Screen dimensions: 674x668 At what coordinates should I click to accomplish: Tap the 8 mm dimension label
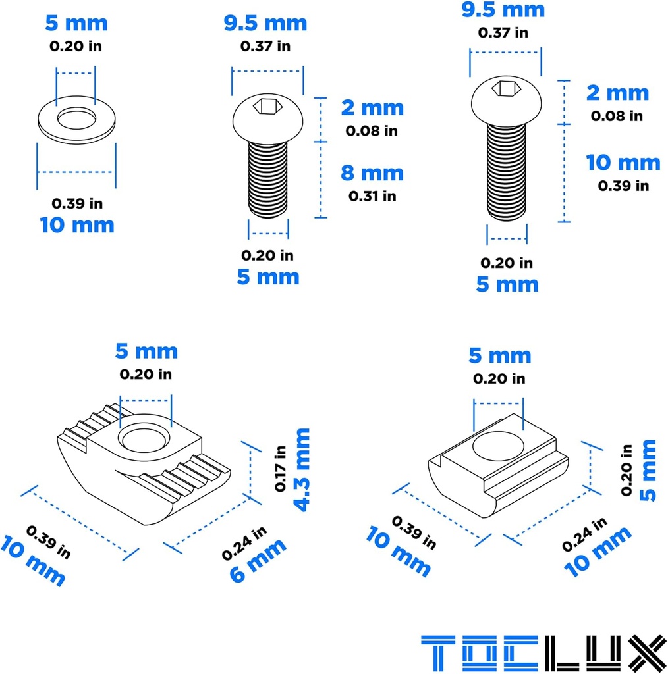pyautogui.click(x=372, y=173)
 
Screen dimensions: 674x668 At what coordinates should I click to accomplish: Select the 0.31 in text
pyautogui.click(x=372, y=195)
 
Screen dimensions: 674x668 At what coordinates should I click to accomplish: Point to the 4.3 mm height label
pyautogui.click(x=302, y=469)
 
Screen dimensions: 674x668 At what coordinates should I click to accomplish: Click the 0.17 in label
pyautogui.click(x=281, y=469)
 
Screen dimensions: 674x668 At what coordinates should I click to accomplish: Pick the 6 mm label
pyautogui.click(x=258, y=559)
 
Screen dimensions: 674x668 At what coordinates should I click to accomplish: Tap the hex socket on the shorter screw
pyautogui.click(x=267, y=105)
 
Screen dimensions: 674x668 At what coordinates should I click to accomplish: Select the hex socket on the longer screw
pyautogui.click(x=507, y=87)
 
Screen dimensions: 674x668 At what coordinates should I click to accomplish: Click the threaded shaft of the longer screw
pyautogui.click(x=507, y=171)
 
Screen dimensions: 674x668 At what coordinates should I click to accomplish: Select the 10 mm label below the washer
pyautogui.click(x=76, y=224)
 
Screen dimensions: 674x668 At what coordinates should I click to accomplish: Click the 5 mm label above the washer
pyautogui.click(x=76, y=24)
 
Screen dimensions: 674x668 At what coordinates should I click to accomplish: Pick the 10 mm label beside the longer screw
pyautogui.click(x=623, y=163)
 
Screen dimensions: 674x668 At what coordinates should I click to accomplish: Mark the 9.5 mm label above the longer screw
pyautogui.click(x=504, y=9)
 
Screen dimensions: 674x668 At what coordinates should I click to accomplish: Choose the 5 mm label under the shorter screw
pyautogui.click(x=268, y=276)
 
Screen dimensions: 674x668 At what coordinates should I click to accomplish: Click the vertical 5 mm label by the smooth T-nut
pyautogui.click(x=648, y=471)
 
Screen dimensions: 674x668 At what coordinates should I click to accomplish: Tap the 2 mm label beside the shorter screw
pyautogui.click(x=372, y=107)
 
